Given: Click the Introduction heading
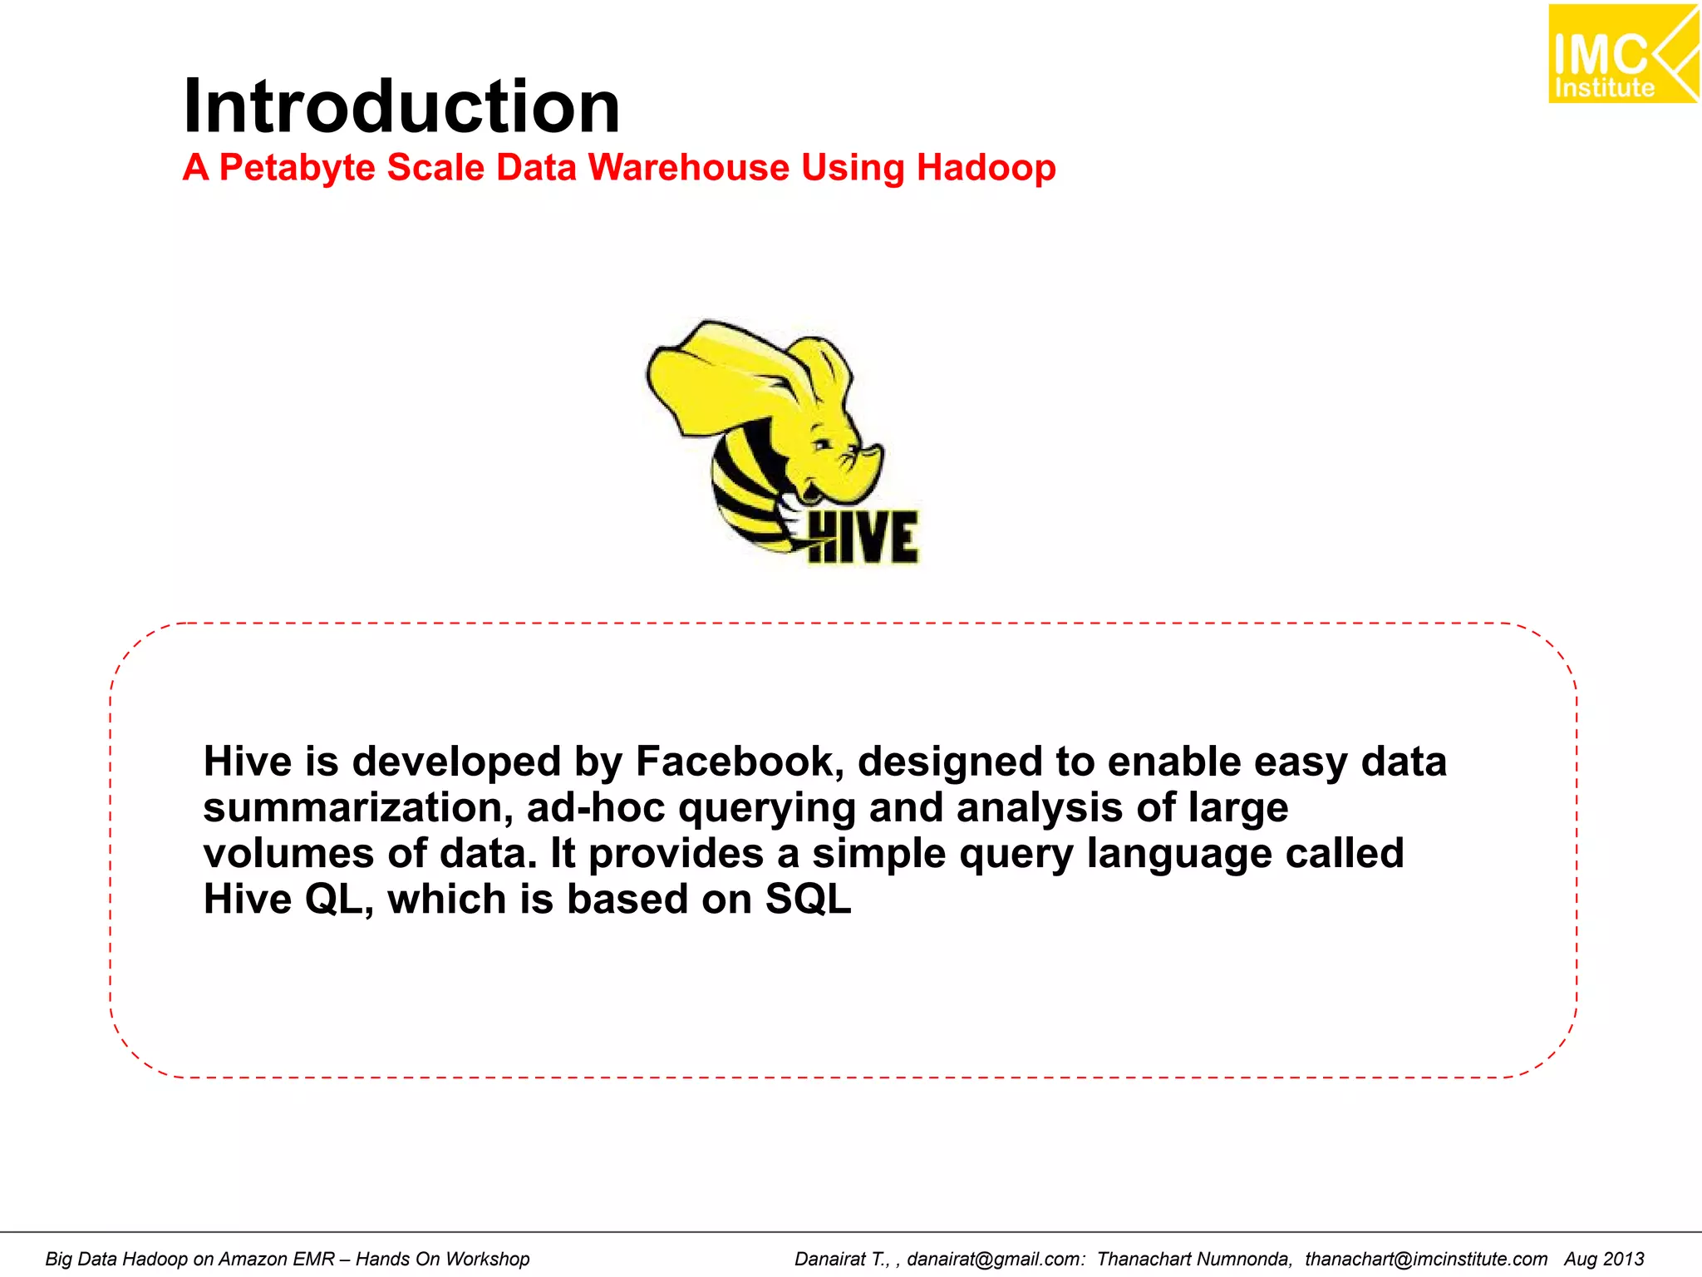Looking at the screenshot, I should [x=401, y=106].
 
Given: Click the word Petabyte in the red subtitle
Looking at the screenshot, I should [x=297, y=167].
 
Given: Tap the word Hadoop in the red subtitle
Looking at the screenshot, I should [x=986, y=167].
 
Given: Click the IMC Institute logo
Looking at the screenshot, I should [x=1621, y=54].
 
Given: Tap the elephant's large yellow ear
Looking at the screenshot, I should [x=723, y=374].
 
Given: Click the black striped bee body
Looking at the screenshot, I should [x=744, y=491].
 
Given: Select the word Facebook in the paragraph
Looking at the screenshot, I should [x=740, y=762].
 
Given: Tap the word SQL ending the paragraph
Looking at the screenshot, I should [x=808, y=900].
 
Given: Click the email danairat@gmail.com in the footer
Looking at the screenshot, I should [x=996, y=1259].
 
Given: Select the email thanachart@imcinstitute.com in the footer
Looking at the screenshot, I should [x=1426, y=1259].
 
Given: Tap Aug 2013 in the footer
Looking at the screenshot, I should [x=1604, y=1259].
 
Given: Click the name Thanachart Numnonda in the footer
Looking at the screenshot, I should [x=1194, y=1259].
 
